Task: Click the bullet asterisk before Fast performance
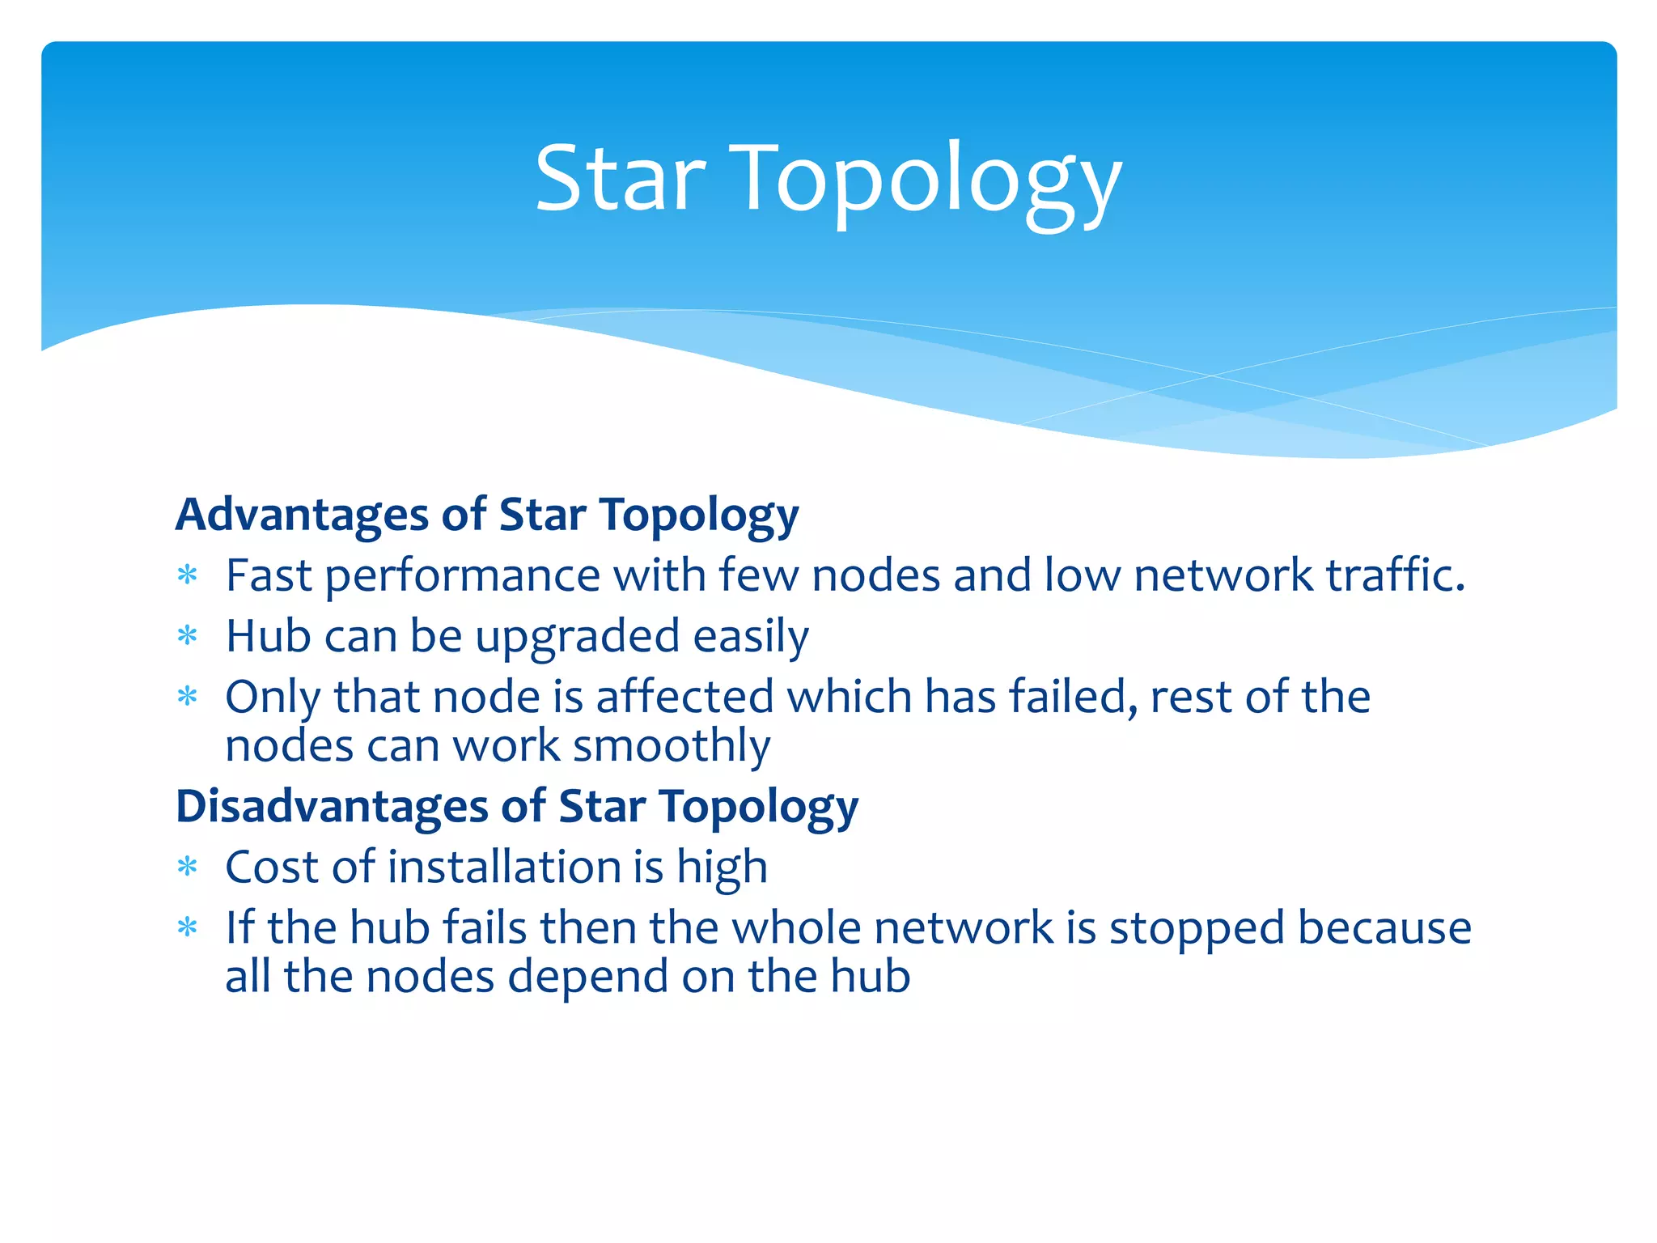(188, 576)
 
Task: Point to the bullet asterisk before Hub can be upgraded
(188, 637)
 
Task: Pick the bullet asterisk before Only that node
(188, 697)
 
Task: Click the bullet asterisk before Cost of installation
(188, 868)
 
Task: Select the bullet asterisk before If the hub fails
(188, 928)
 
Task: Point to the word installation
(503, 867)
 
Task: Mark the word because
(1384, 927)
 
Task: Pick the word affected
(684, 697)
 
